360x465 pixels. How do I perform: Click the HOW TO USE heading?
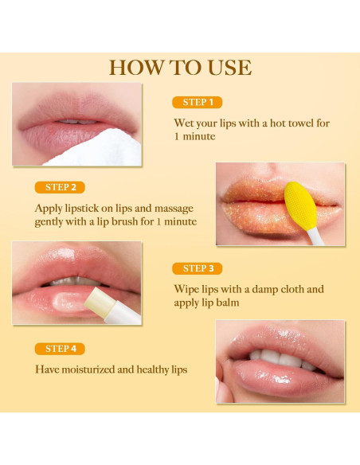pyautogui.click(x=180, y=68)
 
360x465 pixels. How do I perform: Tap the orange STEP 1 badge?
pyautogui.click(x=197, y=103)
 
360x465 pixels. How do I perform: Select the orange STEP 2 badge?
pyautogui.click(x=60, y=187)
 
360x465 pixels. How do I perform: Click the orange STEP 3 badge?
pyautogui.click(x=197, y=268)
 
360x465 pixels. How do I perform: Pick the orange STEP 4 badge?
pyautogui.click(x=60, y=349)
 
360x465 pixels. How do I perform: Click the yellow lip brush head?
pyautogui.click(x=299, y=203)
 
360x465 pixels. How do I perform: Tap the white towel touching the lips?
pyautogui.click(x=96, y=150)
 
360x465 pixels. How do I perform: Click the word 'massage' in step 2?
pyautogui.click(x=174, y=208)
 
